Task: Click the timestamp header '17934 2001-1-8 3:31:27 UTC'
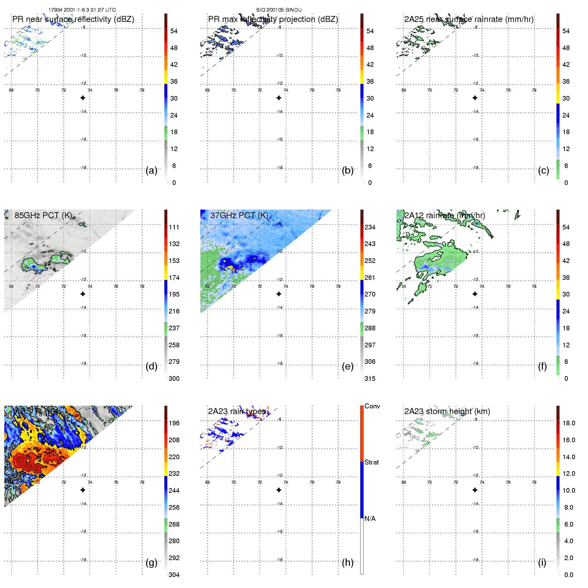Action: coord(82,10)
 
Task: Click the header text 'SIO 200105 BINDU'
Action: coord(279,10)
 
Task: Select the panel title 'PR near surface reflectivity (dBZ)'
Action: coord(73,19)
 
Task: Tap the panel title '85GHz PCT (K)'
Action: coord(43,215)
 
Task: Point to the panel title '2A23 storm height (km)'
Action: coord(447,411)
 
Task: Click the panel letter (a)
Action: coord(151,170)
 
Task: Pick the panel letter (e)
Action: coord(348,366)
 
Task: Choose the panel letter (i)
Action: coord(542,562)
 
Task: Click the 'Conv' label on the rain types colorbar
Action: coord(372,406)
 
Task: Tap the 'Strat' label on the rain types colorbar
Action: coord(372,462)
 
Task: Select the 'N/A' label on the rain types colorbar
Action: coord(370,519)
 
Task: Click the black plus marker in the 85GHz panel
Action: coord(83,294)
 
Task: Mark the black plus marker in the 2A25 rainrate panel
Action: coord(475,98)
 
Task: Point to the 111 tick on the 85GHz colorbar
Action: coord(174,227)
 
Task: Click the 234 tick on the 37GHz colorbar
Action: coord(370,227)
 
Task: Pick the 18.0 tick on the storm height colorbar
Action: coord(568,423)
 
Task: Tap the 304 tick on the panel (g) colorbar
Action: coord(174,575)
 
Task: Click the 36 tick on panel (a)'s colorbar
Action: coord(174,81)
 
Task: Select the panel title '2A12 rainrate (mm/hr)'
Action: coord(445,215)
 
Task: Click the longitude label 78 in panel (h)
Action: coord(338,482)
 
